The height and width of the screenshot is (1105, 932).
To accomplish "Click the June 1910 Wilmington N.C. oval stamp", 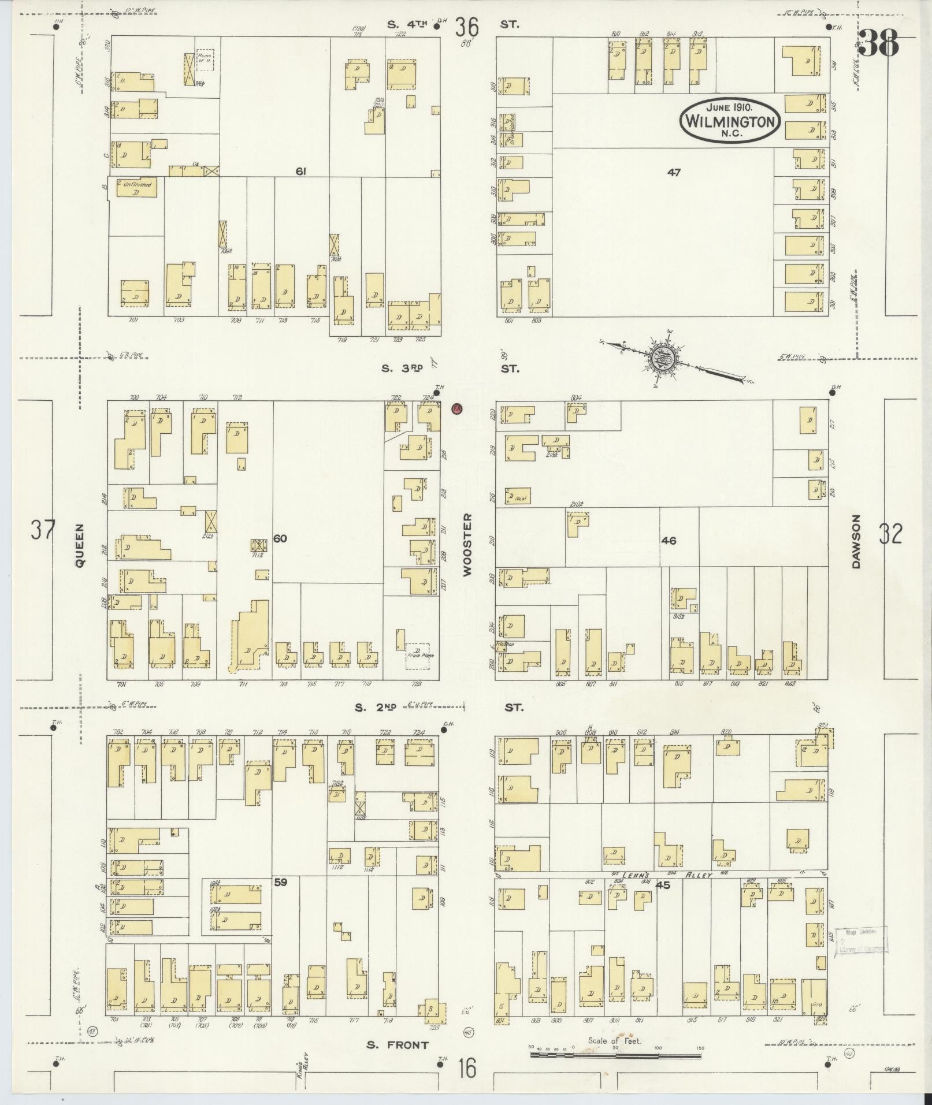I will click(x=730, y=121).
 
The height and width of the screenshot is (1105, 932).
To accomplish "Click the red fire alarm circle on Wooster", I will click(x=457, y=408).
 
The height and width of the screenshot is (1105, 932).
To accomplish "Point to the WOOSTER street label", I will click(x=467, y=544).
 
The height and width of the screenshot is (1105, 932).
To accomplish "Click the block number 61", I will click(x=300, y=171).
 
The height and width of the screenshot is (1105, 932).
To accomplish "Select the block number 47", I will click(x=674, y=172).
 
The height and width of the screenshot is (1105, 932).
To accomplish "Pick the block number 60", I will click(x=280, y=538).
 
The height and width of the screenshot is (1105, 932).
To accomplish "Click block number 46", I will click(x=669, y=541).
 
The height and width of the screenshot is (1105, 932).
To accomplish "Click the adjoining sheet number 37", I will click(x=43, y=530).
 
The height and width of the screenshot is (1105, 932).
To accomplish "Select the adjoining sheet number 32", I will click(x=890, y=534).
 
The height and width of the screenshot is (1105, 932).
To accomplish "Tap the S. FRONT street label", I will click(x=398, y=1044).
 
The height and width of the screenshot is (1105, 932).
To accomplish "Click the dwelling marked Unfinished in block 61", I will click(x=136, y=188).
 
